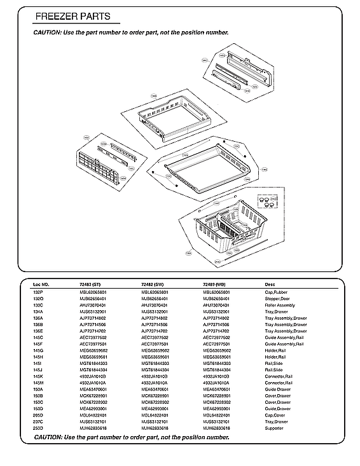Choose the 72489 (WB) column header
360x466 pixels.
click(x=216, y=284)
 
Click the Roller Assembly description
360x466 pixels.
click(x=279, y=305)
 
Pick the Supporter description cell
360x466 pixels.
click(x=274, y=428)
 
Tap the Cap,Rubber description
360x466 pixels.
click(x=277, y=291)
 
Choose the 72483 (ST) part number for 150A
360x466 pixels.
click(x=93, y=389)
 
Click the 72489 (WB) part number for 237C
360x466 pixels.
click(x=216, y=421)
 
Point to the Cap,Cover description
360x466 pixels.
click(x=276, y=415)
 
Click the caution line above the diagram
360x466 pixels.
click(x=131, y=32)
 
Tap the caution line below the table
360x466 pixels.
click(x=131, y=437)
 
